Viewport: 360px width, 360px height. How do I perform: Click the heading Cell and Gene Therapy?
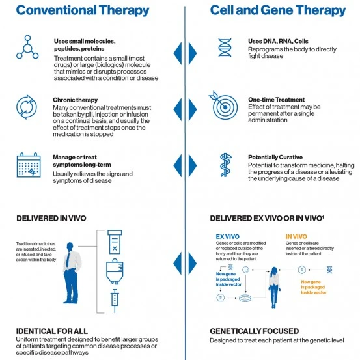(278, 11)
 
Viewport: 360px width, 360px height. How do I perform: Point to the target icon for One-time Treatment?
(223, 105)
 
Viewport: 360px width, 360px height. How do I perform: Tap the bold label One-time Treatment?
(275, 99)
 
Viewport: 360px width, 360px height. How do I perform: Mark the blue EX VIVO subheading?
(227, 236)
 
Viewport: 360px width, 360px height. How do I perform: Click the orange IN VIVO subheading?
(298, 236)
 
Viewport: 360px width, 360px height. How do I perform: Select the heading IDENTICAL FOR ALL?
(49, 331)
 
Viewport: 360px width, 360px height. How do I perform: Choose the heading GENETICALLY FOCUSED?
(254, 331)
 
